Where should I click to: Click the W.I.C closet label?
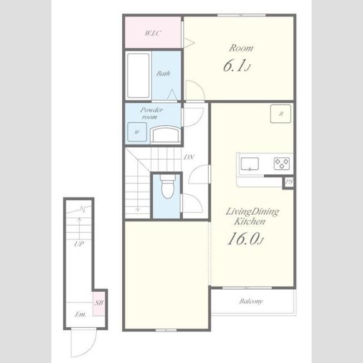pos(153,33)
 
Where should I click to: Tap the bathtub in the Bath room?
pos(138,76)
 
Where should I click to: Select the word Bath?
pos(163,74)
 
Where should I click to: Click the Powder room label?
pos(151,113)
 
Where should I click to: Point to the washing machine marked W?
pos(137,132)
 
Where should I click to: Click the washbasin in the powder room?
pos(166,134)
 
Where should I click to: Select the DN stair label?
pos(189,157)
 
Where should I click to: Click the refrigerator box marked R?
pos(281,114)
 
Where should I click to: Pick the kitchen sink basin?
pos(249,164)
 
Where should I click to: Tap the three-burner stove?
pos(282,163)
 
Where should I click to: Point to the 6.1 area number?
pos(237,66)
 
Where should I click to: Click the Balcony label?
pos(251,301)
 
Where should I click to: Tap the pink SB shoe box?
pos(99,303)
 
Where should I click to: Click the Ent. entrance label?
pos(80,314)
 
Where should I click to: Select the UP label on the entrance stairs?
pos(79,244)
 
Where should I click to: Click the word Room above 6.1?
pos(241,48)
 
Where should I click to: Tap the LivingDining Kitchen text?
pos(252,217)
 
